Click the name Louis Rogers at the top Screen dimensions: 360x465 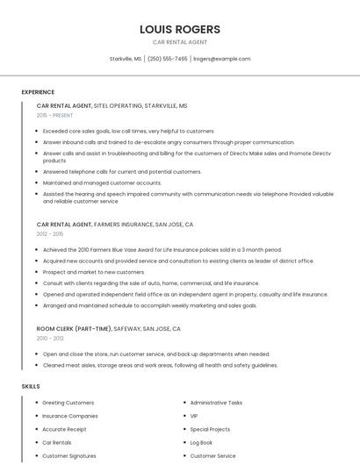pyautogui.click(x=180, y=29)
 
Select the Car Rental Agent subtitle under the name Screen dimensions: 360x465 pyautogui.click(x=180, y=42)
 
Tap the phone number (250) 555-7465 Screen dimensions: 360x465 pyautogui.click(x=167, y=59)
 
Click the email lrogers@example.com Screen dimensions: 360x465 pyautogui.click(x=221, y=59)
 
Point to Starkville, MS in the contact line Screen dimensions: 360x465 pyautogui.click(x=126, y=59)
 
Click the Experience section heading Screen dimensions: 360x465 pyautogui.click(x=38, y=92)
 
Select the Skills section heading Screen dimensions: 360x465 pyautogui.click(x=31, y=386)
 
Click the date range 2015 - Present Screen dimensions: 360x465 pyautogui.click(x=54, y=115)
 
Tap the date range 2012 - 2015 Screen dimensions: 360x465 pyautogui.click(x=50, y=234)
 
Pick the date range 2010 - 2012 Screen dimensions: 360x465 pyautogui.click(x=50, y=338)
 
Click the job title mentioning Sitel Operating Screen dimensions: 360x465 pyautogui.click(x=112, y=105)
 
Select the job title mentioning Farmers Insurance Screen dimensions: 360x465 pyautogui.click(x=115, y=225)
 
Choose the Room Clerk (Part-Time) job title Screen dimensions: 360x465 pyautogui.click(x=109, y=328)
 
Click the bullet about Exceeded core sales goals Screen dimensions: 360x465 pyautogui.click(x=128, y=131)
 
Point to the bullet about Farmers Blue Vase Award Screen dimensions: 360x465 pyautogui.click(x=162, y=249)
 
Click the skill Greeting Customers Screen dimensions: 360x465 pyautogui.click(x=68, y=402)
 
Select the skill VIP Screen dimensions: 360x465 pyautogui.click(x=194, y=416)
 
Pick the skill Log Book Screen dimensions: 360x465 pyautogui.click(x=201, y=443)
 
